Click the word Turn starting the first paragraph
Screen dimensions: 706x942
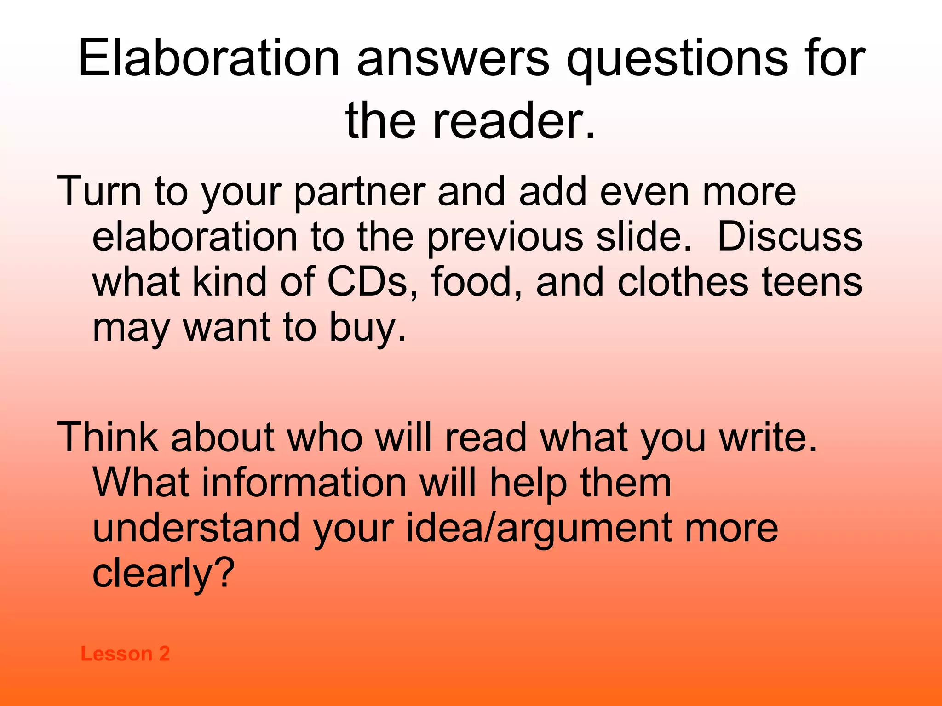coord(99,191)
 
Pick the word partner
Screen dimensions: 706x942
coord(360,192)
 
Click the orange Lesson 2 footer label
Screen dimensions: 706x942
coord(125,654)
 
